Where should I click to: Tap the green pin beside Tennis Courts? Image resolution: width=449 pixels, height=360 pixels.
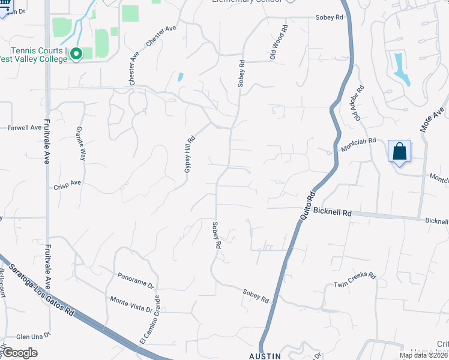[76, 54]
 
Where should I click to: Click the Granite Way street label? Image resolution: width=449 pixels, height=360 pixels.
[82, 143]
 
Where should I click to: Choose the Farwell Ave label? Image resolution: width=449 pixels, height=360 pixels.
[24, 127]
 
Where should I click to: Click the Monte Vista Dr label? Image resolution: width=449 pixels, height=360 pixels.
[131, 304]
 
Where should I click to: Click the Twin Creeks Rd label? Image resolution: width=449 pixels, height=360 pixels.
[355, 280]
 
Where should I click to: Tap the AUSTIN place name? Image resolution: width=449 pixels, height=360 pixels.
[264, 356]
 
